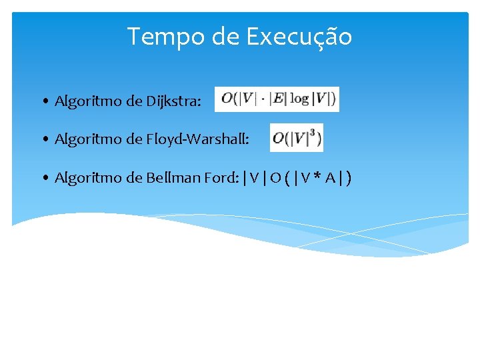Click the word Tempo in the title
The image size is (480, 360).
coord(166,37)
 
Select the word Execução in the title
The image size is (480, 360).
coord(299,37)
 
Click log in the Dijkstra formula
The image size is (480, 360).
coord(299,99)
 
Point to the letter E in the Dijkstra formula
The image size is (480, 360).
coord(278,99)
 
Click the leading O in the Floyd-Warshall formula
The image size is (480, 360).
coord(278,139)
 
